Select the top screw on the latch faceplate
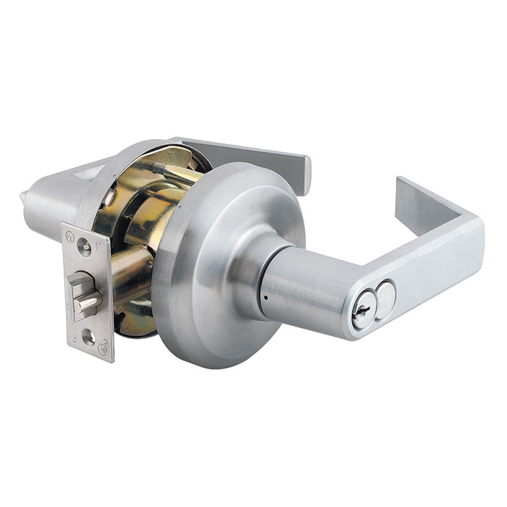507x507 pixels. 86,248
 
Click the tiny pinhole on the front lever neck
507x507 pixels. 267,297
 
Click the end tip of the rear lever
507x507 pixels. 303,174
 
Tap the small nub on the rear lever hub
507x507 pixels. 25,196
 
